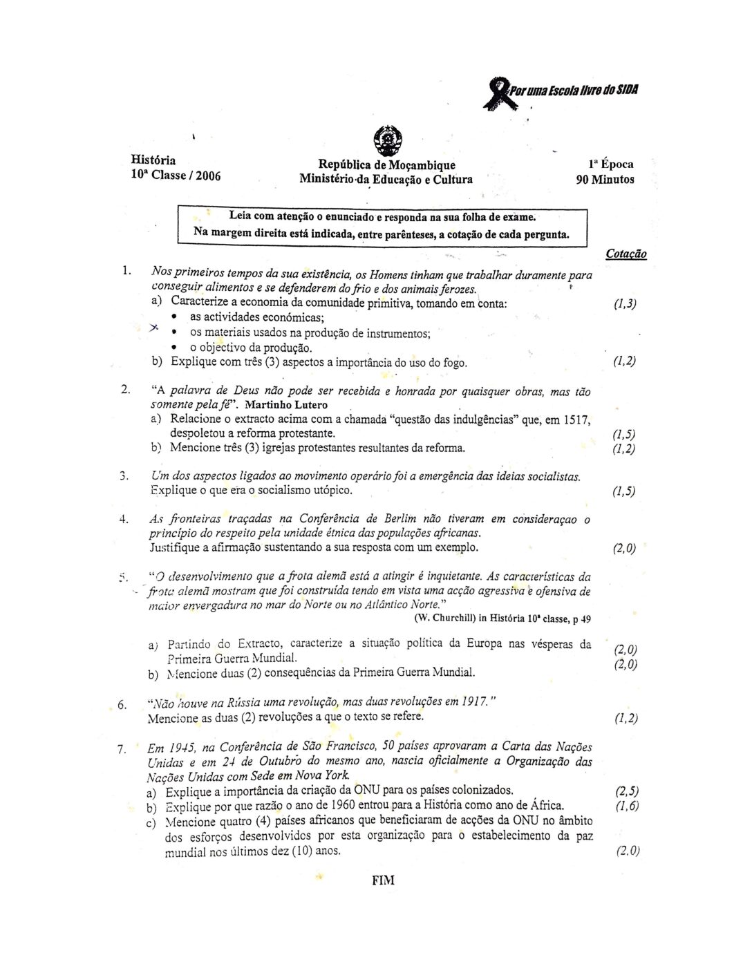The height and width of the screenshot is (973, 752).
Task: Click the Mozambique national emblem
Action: coord(386,141)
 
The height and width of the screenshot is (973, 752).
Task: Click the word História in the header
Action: coord(153,160)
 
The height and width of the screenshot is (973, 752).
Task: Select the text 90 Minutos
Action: coord(605,180)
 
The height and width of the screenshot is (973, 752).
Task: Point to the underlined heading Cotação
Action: coord(626,254)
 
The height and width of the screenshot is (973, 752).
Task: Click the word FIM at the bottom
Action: coord(383,880)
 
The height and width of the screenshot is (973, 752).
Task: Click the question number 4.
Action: coord(123,519)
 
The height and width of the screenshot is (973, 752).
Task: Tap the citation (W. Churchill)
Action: coord(444,618)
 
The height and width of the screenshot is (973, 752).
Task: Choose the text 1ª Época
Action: coord(611,164)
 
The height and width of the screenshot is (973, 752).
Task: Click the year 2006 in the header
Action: coord(208,176)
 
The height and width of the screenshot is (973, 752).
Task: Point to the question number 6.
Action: coord(122,705)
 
